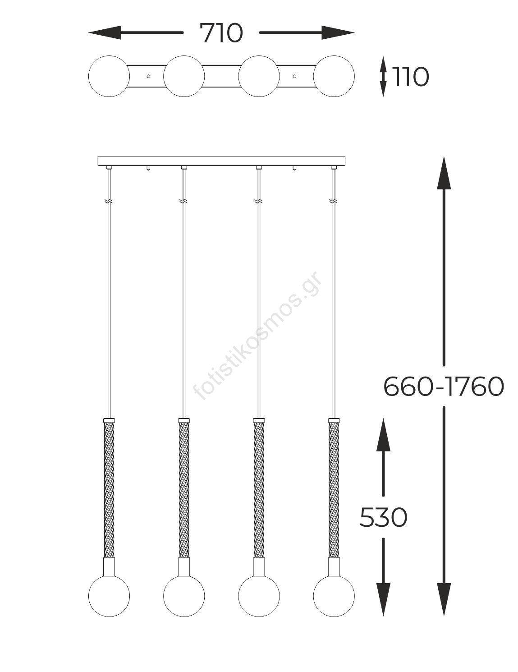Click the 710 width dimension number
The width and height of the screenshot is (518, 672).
221,33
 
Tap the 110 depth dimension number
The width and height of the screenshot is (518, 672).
410,77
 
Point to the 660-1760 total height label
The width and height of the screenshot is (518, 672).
444,387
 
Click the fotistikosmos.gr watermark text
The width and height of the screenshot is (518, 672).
258,336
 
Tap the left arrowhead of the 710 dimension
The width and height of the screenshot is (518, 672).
105,32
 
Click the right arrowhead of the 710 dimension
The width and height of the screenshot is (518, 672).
338,32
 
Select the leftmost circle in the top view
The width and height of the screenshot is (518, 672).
109,76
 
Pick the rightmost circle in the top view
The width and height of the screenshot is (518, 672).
334,76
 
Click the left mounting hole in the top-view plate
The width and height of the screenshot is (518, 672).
148,76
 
